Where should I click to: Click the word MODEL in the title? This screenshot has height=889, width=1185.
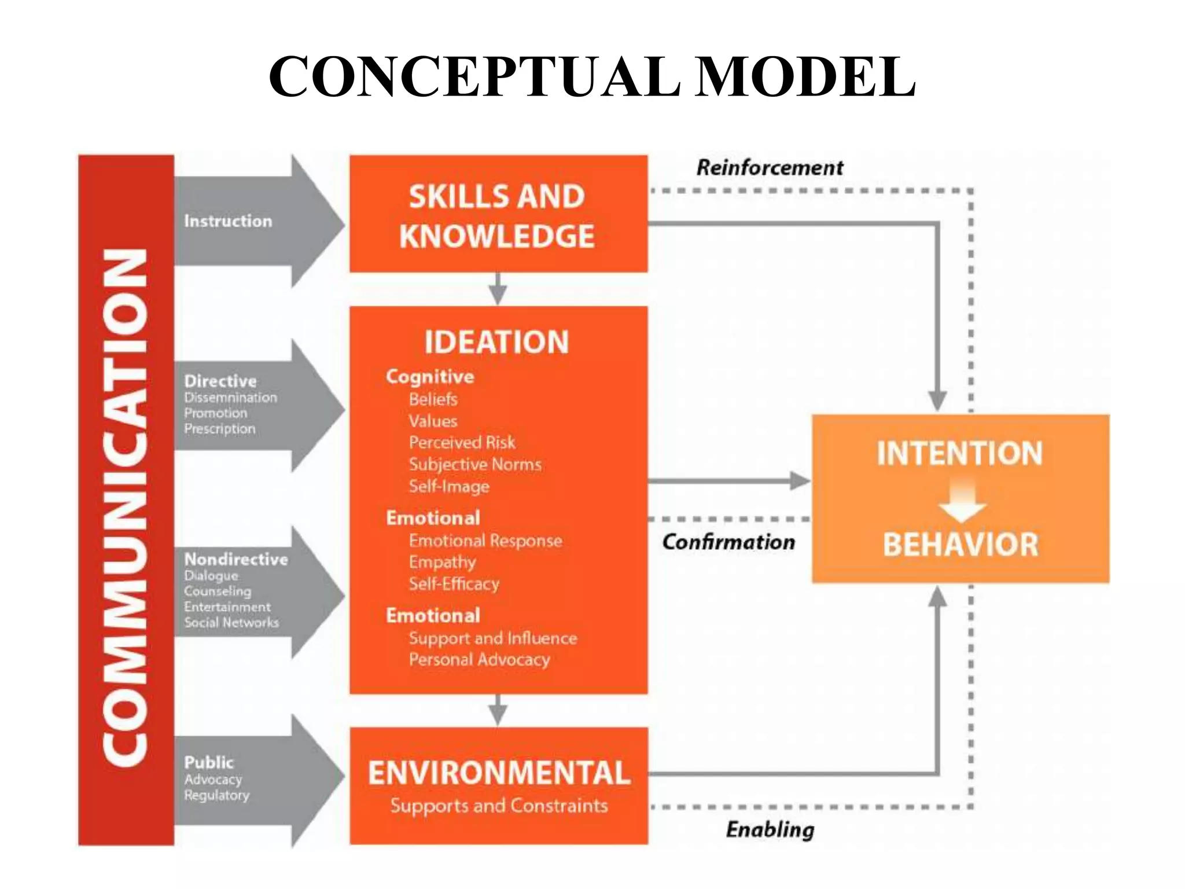point(804,77)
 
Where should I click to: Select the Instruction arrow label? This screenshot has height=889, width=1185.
point(228,221)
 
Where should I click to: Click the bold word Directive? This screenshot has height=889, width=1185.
point(220,381)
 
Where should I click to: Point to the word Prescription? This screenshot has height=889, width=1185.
point(220,429)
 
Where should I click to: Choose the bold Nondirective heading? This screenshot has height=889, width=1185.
point(236,559)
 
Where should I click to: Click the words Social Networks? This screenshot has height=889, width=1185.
point(231,623)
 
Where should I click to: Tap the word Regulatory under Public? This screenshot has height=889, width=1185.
point(217,795)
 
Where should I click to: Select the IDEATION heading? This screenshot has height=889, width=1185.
point(497,341)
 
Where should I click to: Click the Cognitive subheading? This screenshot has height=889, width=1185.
point(430,377)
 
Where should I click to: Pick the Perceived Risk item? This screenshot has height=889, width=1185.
point(462,443)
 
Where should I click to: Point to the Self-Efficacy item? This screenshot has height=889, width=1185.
point(454,584)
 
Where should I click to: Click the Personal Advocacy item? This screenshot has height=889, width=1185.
point(480,660)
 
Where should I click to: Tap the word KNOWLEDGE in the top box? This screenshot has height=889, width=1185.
point(497,236)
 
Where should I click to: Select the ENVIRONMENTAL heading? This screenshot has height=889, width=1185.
point(499,773)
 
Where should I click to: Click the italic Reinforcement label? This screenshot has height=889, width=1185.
point(770,168)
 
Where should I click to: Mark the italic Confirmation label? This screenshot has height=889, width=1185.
point(728,542)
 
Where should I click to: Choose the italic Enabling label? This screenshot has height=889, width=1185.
point(770,829)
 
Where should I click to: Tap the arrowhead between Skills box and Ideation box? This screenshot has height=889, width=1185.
point(498,295)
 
